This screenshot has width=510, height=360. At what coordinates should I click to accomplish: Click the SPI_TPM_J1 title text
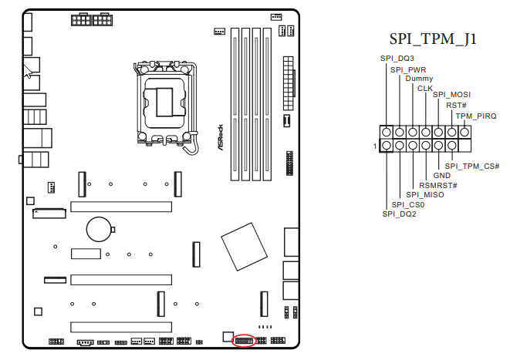433,39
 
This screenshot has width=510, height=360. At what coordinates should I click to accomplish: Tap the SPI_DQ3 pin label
397,59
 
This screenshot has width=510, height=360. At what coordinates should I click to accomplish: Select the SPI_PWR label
408,70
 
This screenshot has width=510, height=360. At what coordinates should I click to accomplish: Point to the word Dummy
419,79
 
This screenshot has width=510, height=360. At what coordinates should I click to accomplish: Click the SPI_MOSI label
452,95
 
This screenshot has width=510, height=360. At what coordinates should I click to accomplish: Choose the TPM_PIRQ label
476,116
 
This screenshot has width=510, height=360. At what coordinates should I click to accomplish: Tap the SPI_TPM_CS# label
472,166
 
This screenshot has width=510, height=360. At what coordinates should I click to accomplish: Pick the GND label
441,176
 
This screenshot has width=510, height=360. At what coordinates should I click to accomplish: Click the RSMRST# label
438,185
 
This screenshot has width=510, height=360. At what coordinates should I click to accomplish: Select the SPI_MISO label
425,194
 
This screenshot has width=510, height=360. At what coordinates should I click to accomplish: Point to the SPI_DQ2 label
399,214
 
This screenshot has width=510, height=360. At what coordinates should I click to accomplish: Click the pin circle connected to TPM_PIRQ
464,133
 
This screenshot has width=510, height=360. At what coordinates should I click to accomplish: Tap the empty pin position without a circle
464,145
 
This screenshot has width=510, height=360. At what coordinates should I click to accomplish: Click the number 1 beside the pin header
375,146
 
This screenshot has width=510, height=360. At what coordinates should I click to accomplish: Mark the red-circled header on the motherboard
244,341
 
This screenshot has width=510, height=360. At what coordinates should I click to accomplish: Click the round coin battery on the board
100,230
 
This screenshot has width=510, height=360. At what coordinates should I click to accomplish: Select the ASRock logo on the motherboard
220,137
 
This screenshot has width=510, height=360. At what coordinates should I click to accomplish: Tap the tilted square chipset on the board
245,247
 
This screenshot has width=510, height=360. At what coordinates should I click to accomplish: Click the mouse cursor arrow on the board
27,71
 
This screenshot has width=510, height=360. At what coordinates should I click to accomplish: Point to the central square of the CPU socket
164,102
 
